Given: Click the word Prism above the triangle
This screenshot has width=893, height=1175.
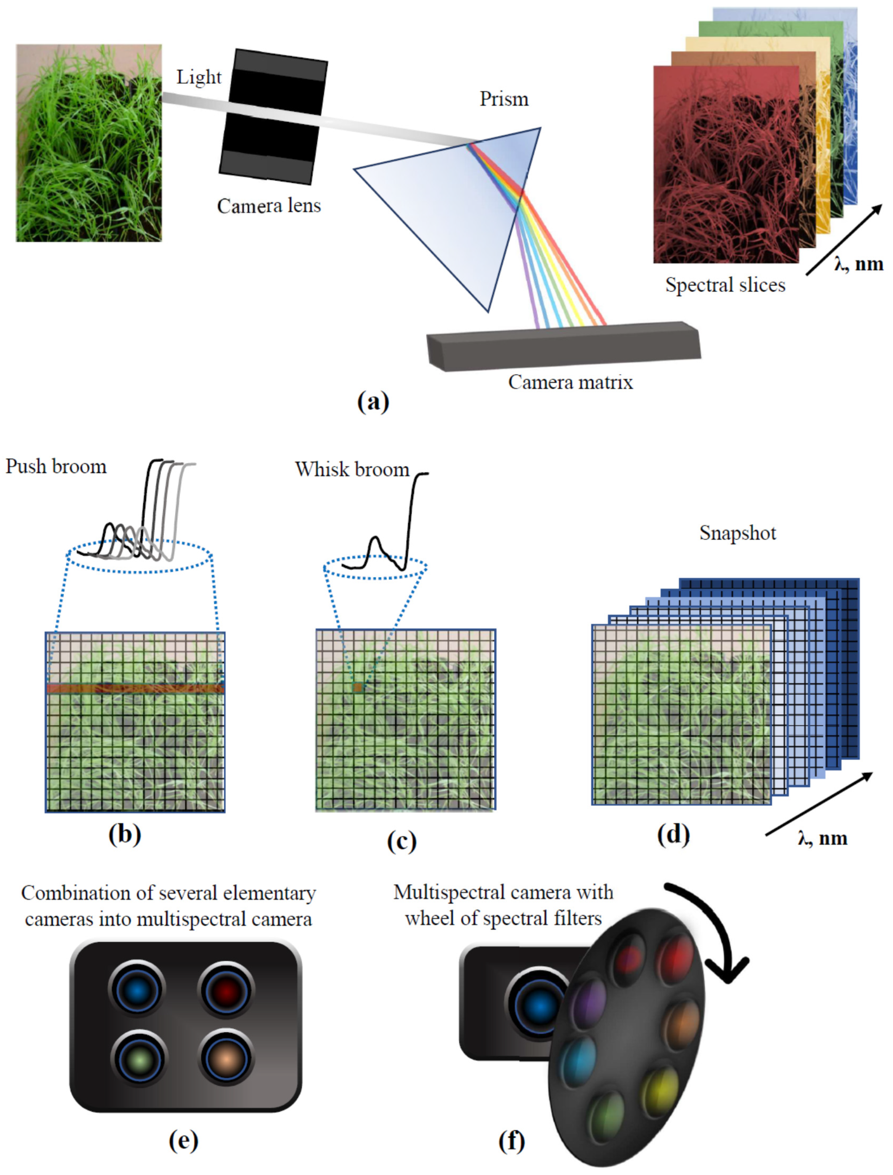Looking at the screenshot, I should click(504, 99).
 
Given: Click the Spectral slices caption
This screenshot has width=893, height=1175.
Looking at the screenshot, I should click(725, 285).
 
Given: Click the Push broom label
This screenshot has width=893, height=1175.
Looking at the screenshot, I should click(56, 466).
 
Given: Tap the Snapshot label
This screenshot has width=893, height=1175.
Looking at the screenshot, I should click(737, 533).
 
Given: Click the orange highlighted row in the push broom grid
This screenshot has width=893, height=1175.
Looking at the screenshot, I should click(135, 689).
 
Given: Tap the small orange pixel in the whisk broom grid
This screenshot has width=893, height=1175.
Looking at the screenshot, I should click(358, 687).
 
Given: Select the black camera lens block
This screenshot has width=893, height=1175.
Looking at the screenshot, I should click(273, 117).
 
